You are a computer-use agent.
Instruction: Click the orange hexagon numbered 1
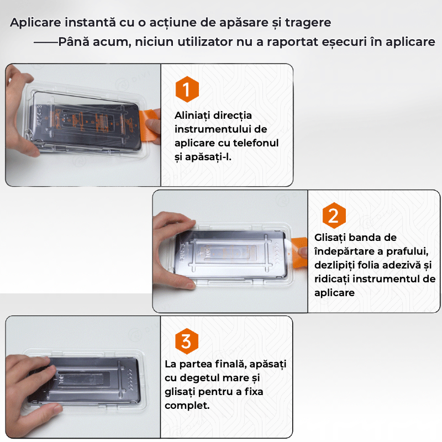(x=187, y=89)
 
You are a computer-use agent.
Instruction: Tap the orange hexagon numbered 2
(x=334, y=215)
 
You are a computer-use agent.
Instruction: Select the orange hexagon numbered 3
(x=187, y=341)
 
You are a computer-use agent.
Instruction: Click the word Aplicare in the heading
(x=35, y=23)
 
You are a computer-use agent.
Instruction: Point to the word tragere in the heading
(x=308, y=23)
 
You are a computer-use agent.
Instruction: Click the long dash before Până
(x=46, y=43)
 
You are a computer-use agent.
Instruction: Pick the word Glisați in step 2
(x=330, y=238)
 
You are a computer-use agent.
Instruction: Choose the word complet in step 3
(x=186, y=406)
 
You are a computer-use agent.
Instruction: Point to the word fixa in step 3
(x=254, y=392)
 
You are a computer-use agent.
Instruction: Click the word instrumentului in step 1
(x=213, y=129)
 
